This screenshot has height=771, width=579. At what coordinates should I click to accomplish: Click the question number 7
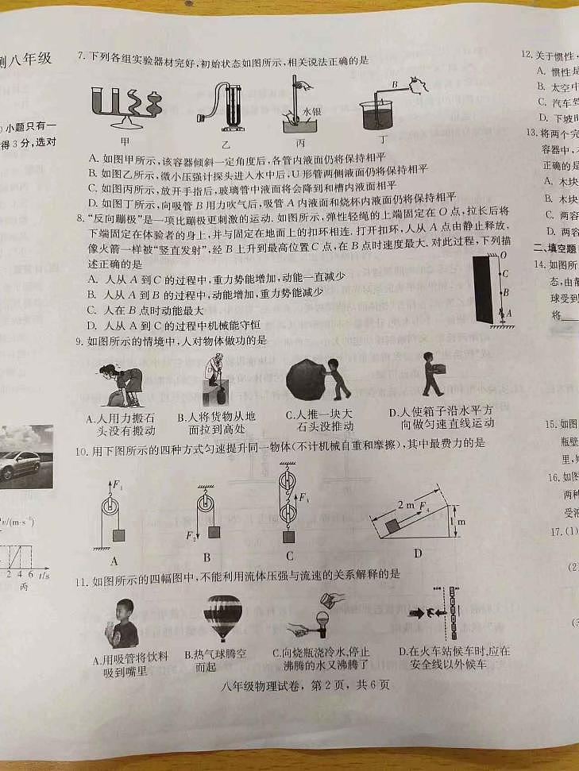coord(80,57)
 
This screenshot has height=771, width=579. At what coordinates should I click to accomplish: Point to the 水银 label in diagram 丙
coord(313,114)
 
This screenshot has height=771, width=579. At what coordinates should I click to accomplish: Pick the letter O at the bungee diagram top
coord(503,255)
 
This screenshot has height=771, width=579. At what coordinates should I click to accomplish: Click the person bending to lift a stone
coord(121,384)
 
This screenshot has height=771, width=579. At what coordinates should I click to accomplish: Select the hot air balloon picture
coord(222,616)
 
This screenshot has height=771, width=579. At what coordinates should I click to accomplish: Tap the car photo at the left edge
coord(20,457)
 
